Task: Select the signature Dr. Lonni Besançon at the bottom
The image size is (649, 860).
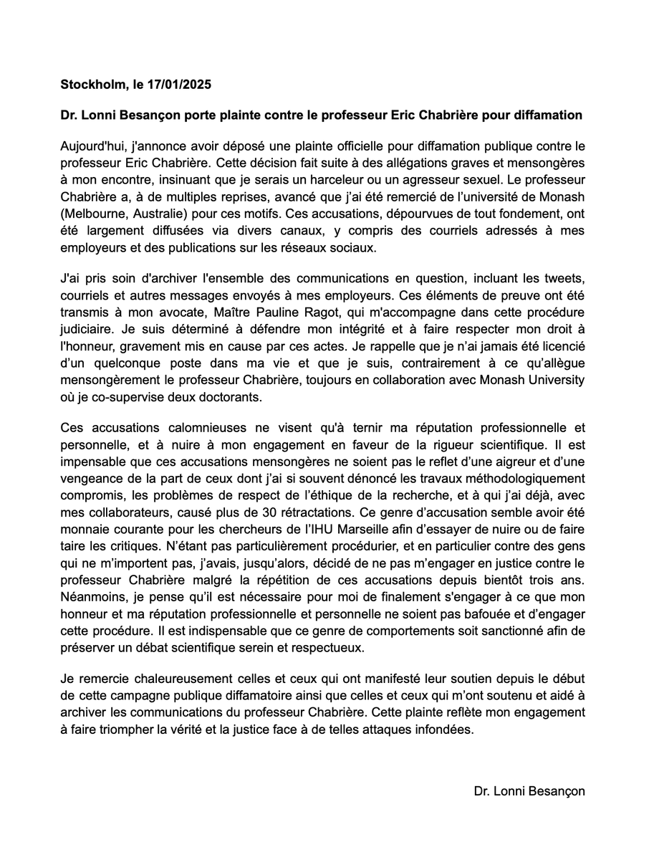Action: pos(529,791)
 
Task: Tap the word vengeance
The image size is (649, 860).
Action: pos(94,477)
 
